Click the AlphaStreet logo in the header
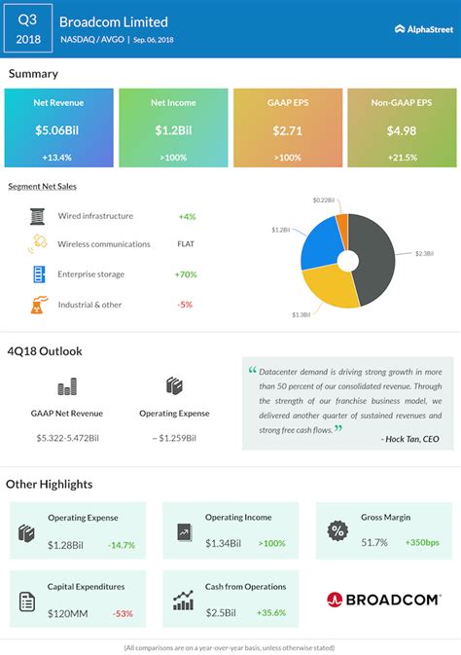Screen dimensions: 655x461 click(x=424, y=28)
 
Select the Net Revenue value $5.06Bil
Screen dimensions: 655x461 click(x=58, y=129)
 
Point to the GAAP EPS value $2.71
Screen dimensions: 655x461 click(x=287, y=129)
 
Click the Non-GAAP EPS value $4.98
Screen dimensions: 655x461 click(x=402, y=129)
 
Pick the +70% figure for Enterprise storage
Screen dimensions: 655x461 click(x=187, y=275)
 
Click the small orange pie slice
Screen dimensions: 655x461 click(x=340, y=217)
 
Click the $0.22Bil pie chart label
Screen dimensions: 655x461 click(x=325, y=200)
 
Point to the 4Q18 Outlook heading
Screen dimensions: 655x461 click(x=43, y=350)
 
